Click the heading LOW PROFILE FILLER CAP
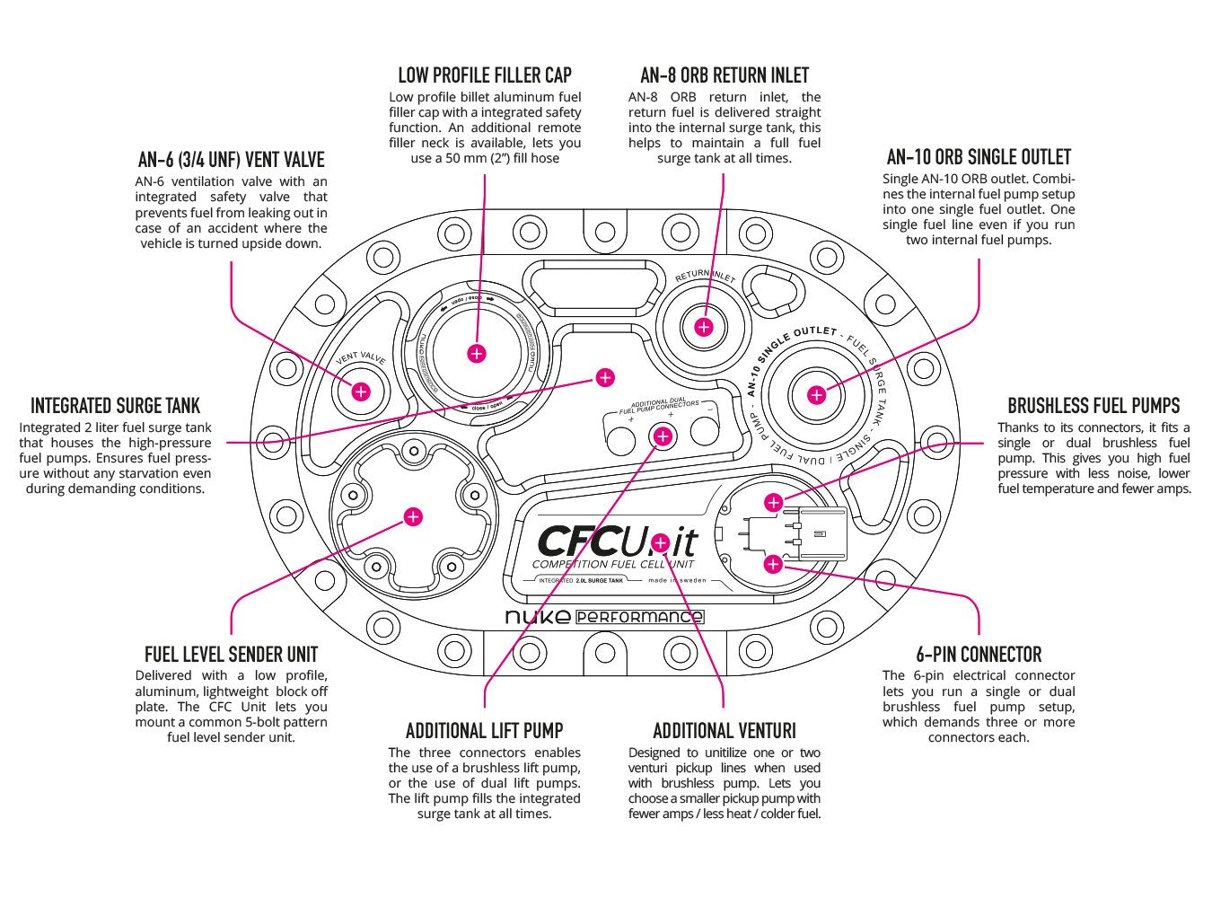click(x=484, y=75)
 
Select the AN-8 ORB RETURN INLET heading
click(x=725, y=75)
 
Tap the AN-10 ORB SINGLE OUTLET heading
click(x=978, y=157)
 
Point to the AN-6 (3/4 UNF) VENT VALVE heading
click(x=231, y=160)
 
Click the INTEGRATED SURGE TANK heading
click(x=115, y=406)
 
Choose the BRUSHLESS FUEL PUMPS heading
click(x=1093, y=406)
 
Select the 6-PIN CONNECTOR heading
click(x=979, y=655)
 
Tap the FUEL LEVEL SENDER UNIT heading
click(x=231, y=655)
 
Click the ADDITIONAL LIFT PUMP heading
click(x=484, y=731)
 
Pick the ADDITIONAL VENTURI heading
click(x=724, y=731)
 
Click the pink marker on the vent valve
click(x=361, y=392)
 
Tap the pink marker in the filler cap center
click(x=477, y=353)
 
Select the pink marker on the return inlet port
click(x=704, y=327)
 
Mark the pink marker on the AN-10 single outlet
click(x=816, y=395)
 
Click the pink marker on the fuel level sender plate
click(x=413, y=516)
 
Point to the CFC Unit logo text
click(x=616, y=541)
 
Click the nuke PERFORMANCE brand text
click(x=604, y=617)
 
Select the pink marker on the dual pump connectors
click(x=663, y=436)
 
